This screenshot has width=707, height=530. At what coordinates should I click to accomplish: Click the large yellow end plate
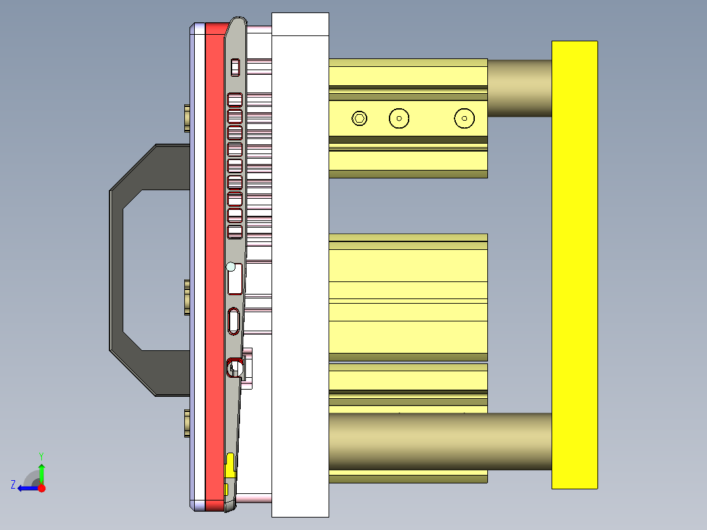click(575, 264)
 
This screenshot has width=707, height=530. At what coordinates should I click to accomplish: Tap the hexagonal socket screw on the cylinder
click(359, 119)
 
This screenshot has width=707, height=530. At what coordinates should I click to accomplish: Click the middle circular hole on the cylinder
click(399, 119)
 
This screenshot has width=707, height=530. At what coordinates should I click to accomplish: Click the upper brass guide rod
click(519, 88)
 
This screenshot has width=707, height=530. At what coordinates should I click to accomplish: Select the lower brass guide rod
click(439, 441)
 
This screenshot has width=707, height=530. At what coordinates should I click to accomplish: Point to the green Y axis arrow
click(41, 471)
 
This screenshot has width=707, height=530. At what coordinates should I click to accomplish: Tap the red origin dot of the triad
click(41, 488)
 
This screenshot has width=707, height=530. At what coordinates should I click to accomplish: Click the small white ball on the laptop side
click(231, 266)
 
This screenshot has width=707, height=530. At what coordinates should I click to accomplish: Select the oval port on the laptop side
click(234, 321)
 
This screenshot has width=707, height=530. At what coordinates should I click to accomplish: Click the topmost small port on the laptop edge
click(235, 68)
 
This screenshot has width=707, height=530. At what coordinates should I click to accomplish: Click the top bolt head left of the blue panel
click(187, 117)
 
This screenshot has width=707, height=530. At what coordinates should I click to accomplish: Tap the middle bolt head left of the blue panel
click(187, 297)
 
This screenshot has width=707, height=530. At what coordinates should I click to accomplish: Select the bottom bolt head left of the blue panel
click(187, 424)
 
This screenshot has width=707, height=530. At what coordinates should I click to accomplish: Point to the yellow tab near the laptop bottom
click(230, 464)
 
